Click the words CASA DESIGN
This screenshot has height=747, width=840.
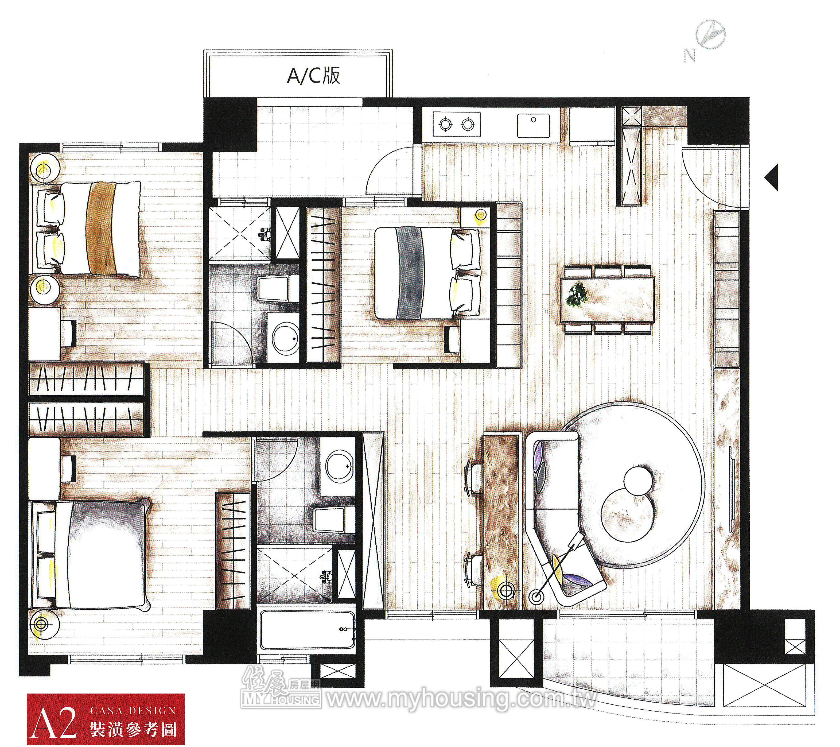pyautogui.click(x=133, y=710)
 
